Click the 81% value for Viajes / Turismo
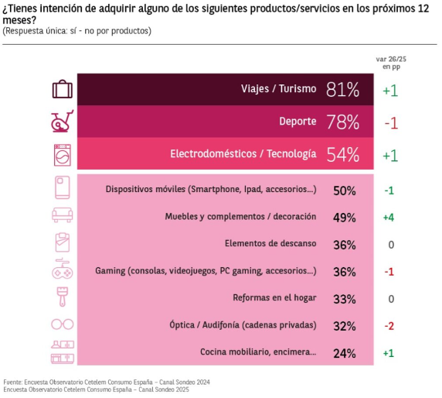(x=342, y=90)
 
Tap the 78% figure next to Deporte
(x=343, y=122)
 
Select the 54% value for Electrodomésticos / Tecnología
(x=343, y=155)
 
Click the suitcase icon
(x=63, y=89)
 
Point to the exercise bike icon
(x=62, y=121)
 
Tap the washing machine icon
(x=63, y=155)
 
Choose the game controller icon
(x=63, y=269)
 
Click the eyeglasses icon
(x=63, y=324)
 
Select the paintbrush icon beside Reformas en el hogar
(x=63, y=297)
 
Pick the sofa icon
(x=63, y=215)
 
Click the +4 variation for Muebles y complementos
(x=389, y=218)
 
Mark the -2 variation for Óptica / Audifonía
(x=389, y=326)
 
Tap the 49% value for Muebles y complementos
(x=344, y=218)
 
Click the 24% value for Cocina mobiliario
(x=344, y=354)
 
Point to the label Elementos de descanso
(x=270, y=243)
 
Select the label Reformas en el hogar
(x=274, y=297)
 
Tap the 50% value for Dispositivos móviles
(x=345, y=191)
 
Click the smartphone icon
(x=63, y=187)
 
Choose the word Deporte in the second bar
(x=297, y=121)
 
